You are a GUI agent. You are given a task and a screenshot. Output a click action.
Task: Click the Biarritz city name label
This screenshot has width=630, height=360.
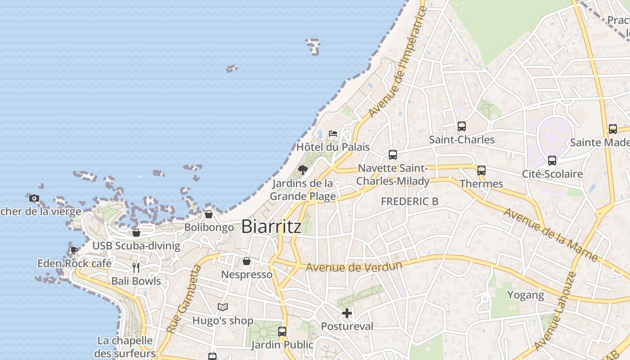(x=271, y=226)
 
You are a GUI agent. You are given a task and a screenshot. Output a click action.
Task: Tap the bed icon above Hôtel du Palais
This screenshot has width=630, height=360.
(x=333, y=133)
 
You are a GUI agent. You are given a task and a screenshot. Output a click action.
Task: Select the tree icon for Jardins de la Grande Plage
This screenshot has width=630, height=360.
(x=303, y=170)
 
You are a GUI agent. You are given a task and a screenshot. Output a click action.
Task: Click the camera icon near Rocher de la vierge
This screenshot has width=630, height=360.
(x=34, y=198)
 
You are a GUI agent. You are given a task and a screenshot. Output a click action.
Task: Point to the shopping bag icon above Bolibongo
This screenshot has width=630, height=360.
(x=208, y=214)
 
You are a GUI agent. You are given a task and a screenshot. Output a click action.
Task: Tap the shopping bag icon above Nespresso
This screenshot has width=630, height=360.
(x=247, y=261)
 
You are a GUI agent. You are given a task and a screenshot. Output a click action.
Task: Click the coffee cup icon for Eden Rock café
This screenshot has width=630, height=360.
(x=74, y=250)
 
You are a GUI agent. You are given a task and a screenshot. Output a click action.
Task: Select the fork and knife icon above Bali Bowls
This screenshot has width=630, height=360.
(x=136, y=268)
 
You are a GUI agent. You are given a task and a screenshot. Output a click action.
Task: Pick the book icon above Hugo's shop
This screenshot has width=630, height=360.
(x=222, y=307)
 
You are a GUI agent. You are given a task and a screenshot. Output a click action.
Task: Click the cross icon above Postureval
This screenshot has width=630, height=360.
(x=347, y=313)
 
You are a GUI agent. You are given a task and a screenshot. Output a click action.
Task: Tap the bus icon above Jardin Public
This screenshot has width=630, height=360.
(x=282, y=332)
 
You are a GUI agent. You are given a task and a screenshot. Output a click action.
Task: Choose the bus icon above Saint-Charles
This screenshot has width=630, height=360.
(x=462, y=126)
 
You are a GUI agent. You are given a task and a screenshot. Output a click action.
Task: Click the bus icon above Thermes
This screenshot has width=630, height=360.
(x=481, y=171)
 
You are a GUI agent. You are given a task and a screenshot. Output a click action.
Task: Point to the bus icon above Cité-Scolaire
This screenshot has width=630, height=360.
(x=552, y=161)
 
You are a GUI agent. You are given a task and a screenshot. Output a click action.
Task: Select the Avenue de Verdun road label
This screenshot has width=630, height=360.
(x=354, y=267)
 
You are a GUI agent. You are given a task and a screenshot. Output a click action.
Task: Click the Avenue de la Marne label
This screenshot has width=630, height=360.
(x=551, y=234)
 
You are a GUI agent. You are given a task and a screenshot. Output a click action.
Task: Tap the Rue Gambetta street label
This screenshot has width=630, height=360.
(x=183, y=299)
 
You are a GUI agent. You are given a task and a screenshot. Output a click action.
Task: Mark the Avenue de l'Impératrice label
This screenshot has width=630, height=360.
(x=398, y=61)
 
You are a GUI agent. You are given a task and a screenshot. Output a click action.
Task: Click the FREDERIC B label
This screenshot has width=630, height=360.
(x=409, y=202)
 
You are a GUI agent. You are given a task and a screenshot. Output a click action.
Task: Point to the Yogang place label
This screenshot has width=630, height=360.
(x=526, y=295)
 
